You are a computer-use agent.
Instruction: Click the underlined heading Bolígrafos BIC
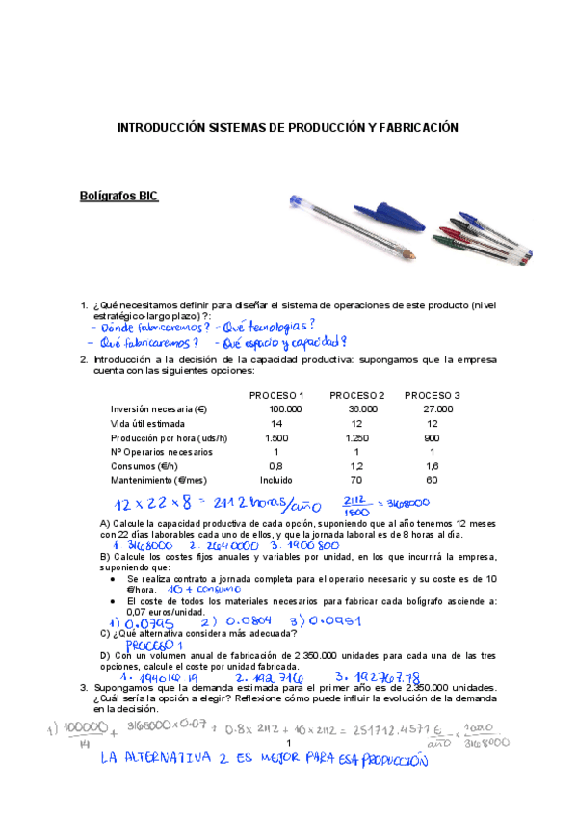(x=118, y=197)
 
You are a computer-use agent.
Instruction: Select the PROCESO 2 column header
(x=356, y=396)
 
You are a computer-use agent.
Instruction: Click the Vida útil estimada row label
(x=149, y=424)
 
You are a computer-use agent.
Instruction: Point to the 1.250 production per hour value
(x=356, y=437)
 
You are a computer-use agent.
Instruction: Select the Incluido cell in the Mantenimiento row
(x=275, y=480)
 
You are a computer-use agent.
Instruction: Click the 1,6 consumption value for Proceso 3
(x=433, y=465)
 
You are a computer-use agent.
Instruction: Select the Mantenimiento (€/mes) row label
(x=160, y=480)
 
